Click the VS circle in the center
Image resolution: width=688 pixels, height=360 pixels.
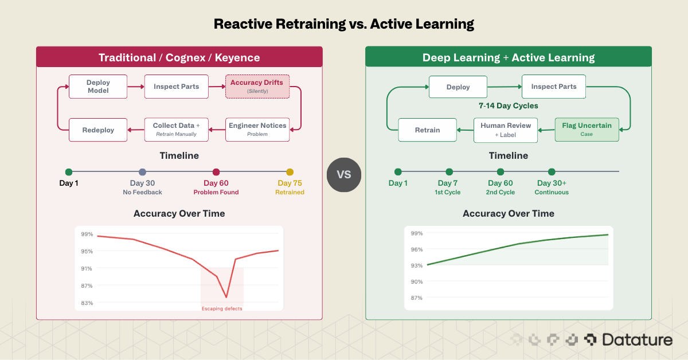pos(344,174)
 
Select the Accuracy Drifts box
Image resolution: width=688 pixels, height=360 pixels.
pos(257,87)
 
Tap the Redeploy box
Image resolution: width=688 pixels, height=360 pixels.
pos(97,130)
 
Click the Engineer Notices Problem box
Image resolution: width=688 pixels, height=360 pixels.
pos(257,130)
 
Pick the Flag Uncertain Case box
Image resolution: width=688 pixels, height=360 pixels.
pos(587,130)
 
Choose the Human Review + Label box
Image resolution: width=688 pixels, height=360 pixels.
pos(506,130)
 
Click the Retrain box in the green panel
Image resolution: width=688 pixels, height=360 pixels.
pos(427,130)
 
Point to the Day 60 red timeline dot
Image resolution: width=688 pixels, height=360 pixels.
pos(216,172)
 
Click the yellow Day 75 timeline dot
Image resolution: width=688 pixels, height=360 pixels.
pos(290,172)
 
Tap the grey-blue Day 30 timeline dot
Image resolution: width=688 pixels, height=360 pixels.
pos(143,172)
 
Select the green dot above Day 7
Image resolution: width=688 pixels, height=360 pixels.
pos(449,171)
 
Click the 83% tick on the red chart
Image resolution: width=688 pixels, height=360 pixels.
pos(87,303)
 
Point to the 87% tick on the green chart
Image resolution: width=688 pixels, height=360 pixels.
pos(416,298)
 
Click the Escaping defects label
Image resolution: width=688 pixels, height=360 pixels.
pos(222,309)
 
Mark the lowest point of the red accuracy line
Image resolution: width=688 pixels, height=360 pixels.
pos(226,297)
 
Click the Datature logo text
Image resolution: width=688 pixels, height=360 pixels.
pos(637,340)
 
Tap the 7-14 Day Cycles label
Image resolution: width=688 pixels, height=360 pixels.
pos(509,105)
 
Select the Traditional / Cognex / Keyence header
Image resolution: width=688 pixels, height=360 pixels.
pos(179,57)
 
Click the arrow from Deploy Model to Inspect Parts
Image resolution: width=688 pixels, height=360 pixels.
pos(135,87)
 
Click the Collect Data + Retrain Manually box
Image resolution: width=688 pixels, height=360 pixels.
pos(176,130)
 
